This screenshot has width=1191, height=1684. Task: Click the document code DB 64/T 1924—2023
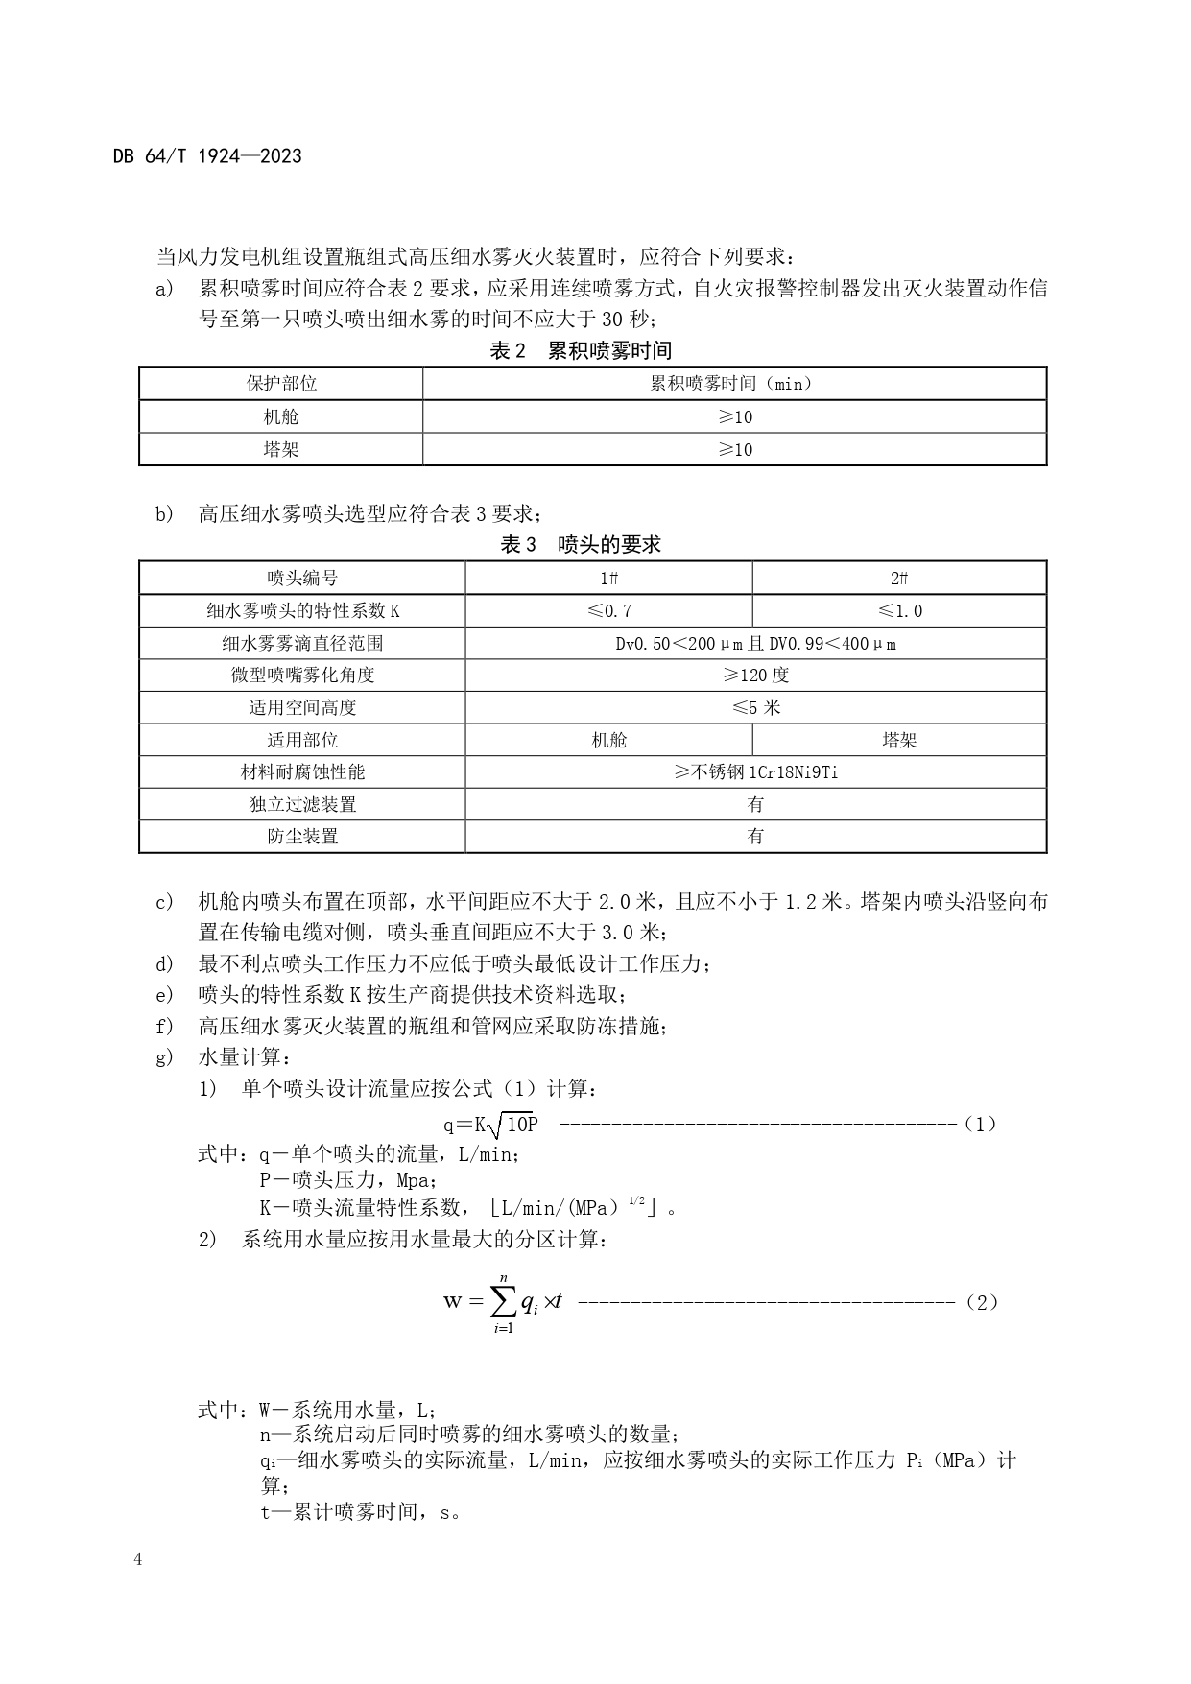point(207,156)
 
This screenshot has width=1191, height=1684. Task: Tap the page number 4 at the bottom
point(138,1559)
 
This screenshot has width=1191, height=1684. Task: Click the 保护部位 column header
point(281,384)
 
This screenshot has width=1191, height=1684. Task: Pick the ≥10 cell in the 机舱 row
point(735,416)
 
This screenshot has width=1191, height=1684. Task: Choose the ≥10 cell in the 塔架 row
point(735,449)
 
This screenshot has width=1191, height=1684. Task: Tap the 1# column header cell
point(608,578)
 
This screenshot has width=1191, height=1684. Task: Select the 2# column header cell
point(899,578)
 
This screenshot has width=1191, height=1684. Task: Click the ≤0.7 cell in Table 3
point(608,610)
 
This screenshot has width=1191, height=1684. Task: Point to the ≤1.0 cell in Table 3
point(899,610)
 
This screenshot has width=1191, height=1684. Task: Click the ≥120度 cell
point(755,675)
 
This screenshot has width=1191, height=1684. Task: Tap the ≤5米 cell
point(755,707)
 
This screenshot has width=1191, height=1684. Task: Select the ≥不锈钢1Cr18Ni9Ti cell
point(755,771)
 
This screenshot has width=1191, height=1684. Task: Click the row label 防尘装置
point(302,836)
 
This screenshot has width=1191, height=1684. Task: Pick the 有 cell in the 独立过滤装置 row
point(755,804)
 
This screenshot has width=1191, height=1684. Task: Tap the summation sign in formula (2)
point(503,1301)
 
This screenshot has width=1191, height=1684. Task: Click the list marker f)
point(164,1027)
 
